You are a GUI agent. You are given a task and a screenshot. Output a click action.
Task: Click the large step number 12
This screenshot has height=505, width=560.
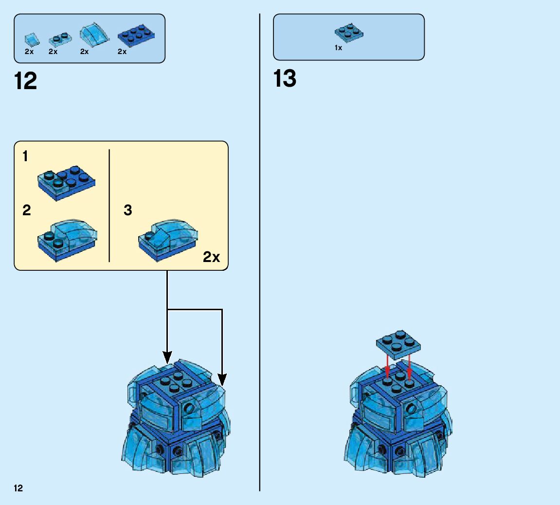pos(26,80)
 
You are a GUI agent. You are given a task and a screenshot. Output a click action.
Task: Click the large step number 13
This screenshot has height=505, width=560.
pos(285,78)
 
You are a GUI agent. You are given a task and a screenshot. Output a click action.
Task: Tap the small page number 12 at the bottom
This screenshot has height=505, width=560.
pos(18,488)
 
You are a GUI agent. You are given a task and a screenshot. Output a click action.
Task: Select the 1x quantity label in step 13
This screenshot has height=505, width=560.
pos(338,48)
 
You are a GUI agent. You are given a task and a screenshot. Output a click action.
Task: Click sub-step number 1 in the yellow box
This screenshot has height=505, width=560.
pos(25,157)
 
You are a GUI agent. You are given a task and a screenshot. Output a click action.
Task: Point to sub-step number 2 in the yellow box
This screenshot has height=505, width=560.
pos(26,210)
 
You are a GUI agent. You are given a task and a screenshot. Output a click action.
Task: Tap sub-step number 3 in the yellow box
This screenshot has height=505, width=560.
pos(128,210)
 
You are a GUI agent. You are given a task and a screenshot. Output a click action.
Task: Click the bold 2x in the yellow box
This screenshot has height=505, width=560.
pos(211,257)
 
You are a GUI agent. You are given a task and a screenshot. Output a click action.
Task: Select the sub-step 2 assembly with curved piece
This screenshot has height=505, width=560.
pos(68,240)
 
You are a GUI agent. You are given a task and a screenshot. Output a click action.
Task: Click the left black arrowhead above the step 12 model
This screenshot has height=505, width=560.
pos(167,355)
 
